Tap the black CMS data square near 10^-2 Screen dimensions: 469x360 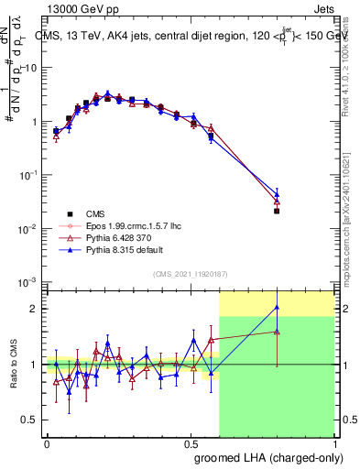tap(277, 211)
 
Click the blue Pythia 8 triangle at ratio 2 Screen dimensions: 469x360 tap(277, 308)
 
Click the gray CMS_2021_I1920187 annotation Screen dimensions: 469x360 tap(190, 273)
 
